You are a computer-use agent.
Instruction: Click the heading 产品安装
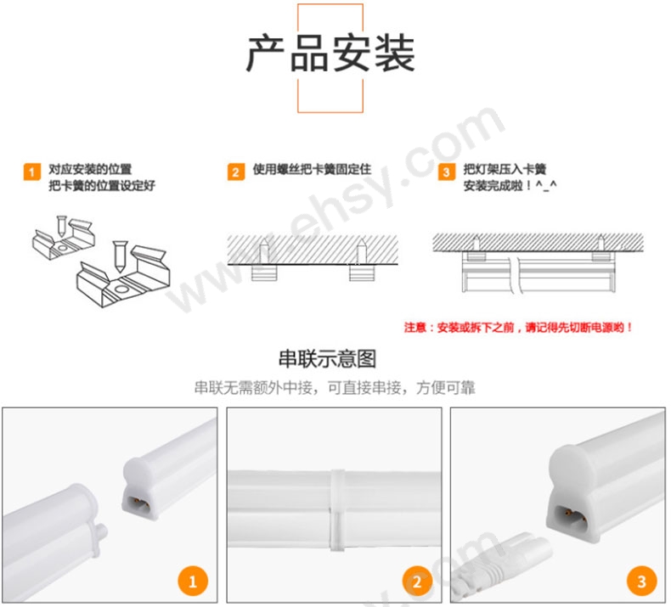(x=330, y=53)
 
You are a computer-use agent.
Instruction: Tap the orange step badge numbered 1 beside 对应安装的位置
(x=31, y=171)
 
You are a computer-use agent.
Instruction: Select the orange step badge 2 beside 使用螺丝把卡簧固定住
(x=236, y=171)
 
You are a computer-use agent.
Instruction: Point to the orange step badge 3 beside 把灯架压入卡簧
(x=446, y=171)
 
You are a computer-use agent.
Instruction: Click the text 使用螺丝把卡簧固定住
(x=312, y=170)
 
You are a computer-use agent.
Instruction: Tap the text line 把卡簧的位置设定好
(x=101, y=186)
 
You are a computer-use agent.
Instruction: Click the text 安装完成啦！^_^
(x=510, y=186)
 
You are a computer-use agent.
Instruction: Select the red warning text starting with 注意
(x=518, y=328)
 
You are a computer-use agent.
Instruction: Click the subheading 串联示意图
(x=327, y=358)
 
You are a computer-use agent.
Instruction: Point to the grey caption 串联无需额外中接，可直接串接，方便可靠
(x=335, y=388)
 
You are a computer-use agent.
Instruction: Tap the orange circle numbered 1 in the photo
(x=193, y=581)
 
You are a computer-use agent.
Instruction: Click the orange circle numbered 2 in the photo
(x=417, y=581)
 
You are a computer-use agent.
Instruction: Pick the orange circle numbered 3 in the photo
(x=641, y=581)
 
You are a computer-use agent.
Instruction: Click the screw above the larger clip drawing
(x=120, y=256)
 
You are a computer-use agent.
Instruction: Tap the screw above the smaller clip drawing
(x=62, y=226)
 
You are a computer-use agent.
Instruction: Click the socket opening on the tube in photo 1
(x=137, y=502)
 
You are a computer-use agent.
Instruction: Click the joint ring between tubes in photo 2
(x=337, y=510)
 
